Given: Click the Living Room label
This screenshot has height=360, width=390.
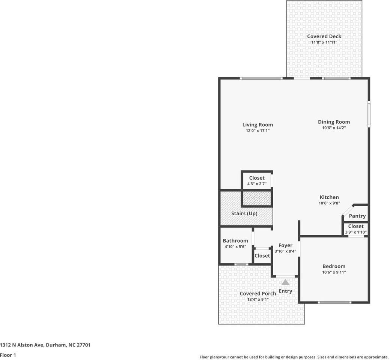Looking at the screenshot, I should click(x=257, y=125).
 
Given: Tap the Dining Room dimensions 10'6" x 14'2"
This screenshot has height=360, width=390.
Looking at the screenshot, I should click(x=334, y=128).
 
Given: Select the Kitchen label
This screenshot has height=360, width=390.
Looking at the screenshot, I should click(x=329, y=197).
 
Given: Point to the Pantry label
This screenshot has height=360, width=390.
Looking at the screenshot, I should click(x=357, y=216).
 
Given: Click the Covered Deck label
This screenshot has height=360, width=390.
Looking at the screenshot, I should click(x=324, y=36).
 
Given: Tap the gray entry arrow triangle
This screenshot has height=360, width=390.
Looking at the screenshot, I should click(x=285, y=282).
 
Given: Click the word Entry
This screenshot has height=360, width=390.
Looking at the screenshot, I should click(x=285, y=291).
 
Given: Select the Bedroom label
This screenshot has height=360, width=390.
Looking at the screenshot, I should click(x=334, y=266).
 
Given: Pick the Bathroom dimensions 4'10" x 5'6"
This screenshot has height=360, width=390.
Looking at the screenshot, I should click(x=235, y=247).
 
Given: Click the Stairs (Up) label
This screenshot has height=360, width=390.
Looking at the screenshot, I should click(x=244, y=213).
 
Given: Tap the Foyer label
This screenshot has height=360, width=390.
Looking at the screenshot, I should click(x=285, y=245).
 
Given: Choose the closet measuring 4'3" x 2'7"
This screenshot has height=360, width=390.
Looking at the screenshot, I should click(x=257, y=181).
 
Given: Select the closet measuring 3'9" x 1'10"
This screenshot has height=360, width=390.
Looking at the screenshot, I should click(x=355, y=229).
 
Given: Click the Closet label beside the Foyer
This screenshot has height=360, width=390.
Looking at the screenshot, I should click(x=262, y=256).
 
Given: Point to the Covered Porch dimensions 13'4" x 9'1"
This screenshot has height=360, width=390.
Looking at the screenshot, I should click(x=258, y=300).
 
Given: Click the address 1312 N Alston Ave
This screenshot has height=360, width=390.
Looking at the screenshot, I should click(x=22, y=345).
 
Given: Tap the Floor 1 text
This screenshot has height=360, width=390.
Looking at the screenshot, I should click(x=8, y=355).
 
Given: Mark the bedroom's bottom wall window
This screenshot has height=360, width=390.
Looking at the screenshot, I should click(x=334, y=302).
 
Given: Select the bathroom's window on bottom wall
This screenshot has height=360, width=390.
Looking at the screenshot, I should click(x=241, y=264).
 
